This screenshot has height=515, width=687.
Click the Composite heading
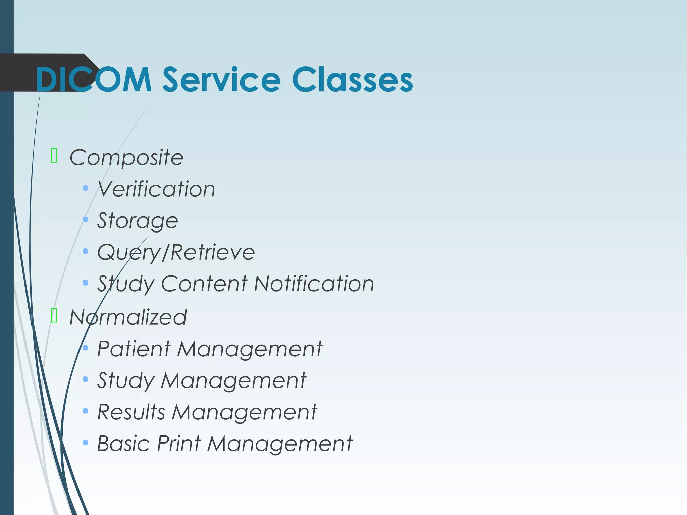[x=126, y=157]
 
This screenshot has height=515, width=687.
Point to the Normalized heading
[x=128, y=317]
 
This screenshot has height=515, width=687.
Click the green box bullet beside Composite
[x=54, y=156]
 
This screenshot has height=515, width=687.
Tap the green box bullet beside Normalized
[x=54, y=315]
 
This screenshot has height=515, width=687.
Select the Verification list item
[x=156, y=189]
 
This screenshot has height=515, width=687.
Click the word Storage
[x=138, y=221]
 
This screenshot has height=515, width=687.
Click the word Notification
[x=314, y=284]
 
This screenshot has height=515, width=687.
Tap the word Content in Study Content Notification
[x=204, y=284]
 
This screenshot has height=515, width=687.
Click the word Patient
[x=134, y=349]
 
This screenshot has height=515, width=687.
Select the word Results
[x=131, y=412]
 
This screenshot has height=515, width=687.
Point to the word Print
[x=179, y=444]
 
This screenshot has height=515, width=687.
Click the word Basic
[x=123, y=444]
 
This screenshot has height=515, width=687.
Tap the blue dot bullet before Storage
[x=86, y=220]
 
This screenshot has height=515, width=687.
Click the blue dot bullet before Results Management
[x=86, y=411]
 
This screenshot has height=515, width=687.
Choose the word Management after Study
[x=233, y=380]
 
